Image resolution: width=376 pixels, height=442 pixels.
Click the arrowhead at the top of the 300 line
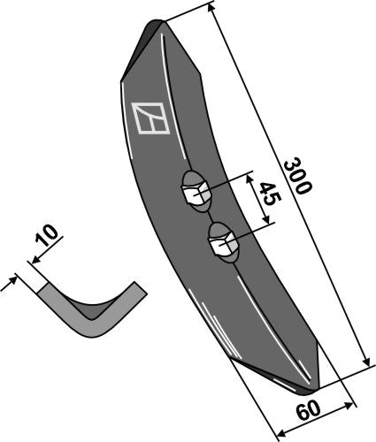[216, 6]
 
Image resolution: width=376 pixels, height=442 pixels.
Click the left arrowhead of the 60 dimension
[280, 432]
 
